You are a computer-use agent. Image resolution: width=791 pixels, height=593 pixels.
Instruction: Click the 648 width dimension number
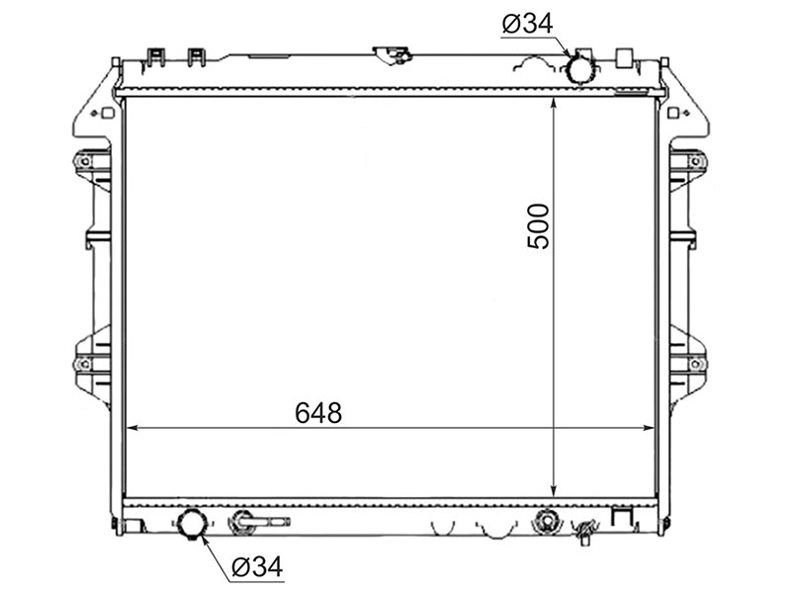click(x=318, y=412)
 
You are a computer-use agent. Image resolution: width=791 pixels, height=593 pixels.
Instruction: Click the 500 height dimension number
click(x=538, y=226)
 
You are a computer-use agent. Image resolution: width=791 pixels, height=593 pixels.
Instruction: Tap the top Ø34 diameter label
click(x=528, y=24)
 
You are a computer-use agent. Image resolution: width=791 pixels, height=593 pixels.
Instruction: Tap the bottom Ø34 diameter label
click(x=257, y=567)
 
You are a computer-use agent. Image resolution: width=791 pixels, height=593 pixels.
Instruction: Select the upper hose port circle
click(x=580, y=69)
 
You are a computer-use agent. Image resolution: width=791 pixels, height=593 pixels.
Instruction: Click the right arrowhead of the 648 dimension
click(x=649, y=428)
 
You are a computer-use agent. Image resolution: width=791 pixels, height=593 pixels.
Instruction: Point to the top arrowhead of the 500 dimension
click(x=554, y=104)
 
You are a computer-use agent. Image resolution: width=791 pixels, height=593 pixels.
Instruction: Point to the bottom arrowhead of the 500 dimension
click(x=554, y=490)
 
